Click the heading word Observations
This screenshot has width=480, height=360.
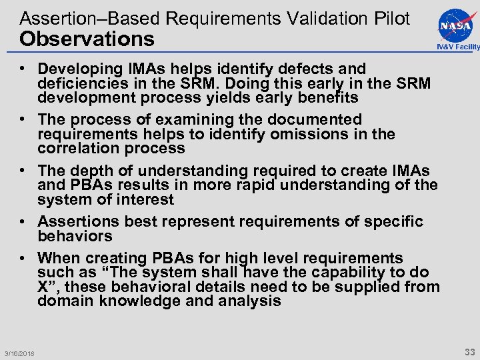tap(87, 39)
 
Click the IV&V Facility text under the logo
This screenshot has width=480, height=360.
tap(458, 47)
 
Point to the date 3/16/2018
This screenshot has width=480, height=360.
tap(19, 353)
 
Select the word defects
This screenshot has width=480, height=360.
tap(304, 69)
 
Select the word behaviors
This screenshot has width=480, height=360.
tap(75, 236)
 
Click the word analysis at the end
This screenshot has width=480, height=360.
tap(253, 301)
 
